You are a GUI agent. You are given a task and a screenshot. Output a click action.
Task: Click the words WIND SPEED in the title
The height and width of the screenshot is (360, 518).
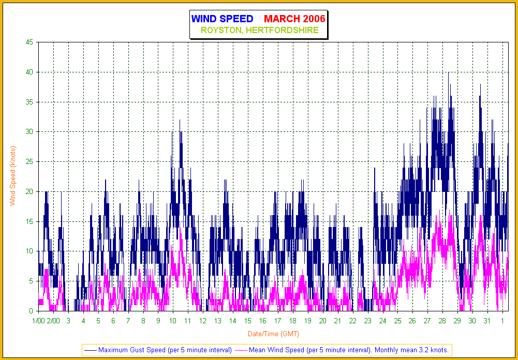222,19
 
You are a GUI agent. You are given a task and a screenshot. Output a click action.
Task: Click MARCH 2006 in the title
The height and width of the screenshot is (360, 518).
294,19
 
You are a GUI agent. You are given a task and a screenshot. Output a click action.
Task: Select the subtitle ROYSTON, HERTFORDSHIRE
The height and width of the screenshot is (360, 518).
259,31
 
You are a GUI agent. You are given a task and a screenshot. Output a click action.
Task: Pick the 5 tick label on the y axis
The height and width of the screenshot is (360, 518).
31,281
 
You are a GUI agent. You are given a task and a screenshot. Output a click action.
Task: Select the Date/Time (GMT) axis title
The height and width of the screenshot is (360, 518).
271,334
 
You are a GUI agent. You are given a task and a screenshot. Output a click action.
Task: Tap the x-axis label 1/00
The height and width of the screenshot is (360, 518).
38,321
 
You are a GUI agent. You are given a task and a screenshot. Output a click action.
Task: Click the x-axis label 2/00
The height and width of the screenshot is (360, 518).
53,321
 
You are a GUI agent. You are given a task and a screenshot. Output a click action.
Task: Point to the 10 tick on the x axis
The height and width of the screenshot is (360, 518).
173,321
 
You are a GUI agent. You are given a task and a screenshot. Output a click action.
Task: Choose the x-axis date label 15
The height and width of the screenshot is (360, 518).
248,321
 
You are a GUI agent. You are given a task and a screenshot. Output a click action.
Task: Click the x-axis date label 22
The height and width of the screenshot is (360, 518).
352,321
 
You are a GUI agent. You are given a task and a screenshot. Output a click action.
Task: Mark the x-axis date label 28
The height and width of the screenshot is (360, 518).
442,321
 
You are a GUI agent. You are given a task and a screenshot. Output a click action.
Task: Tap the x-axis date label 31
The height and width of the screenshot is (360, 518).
487,321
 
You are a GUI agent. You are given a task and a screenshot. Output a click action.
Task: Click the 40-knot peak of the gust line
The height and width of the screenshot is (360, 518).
449,73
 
